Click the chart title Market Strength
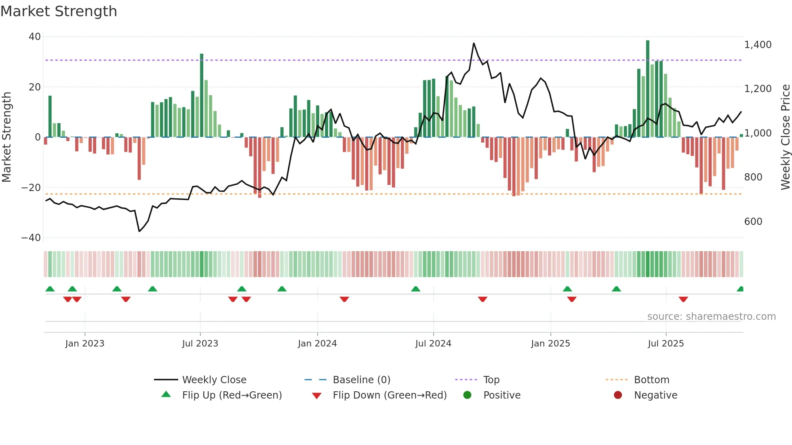(59, 11)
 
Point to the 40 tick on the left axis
(35, 37)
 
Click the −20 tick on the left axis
(31, 188)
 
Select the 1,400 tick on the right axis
(758, 45)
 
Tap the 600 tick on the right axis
(753, 222)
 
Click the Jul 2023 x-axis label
(200, 344)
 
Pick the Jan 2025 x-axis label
(550, 344)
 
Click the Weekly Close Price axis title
(785, 137)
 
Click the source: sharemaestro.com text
(711, 317)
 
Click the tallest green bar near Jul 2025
(648, 89)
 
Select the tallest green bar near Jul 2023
(202, 95)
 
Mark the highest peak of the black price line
(474, 43)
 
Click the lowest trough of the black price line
(139, 231)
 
